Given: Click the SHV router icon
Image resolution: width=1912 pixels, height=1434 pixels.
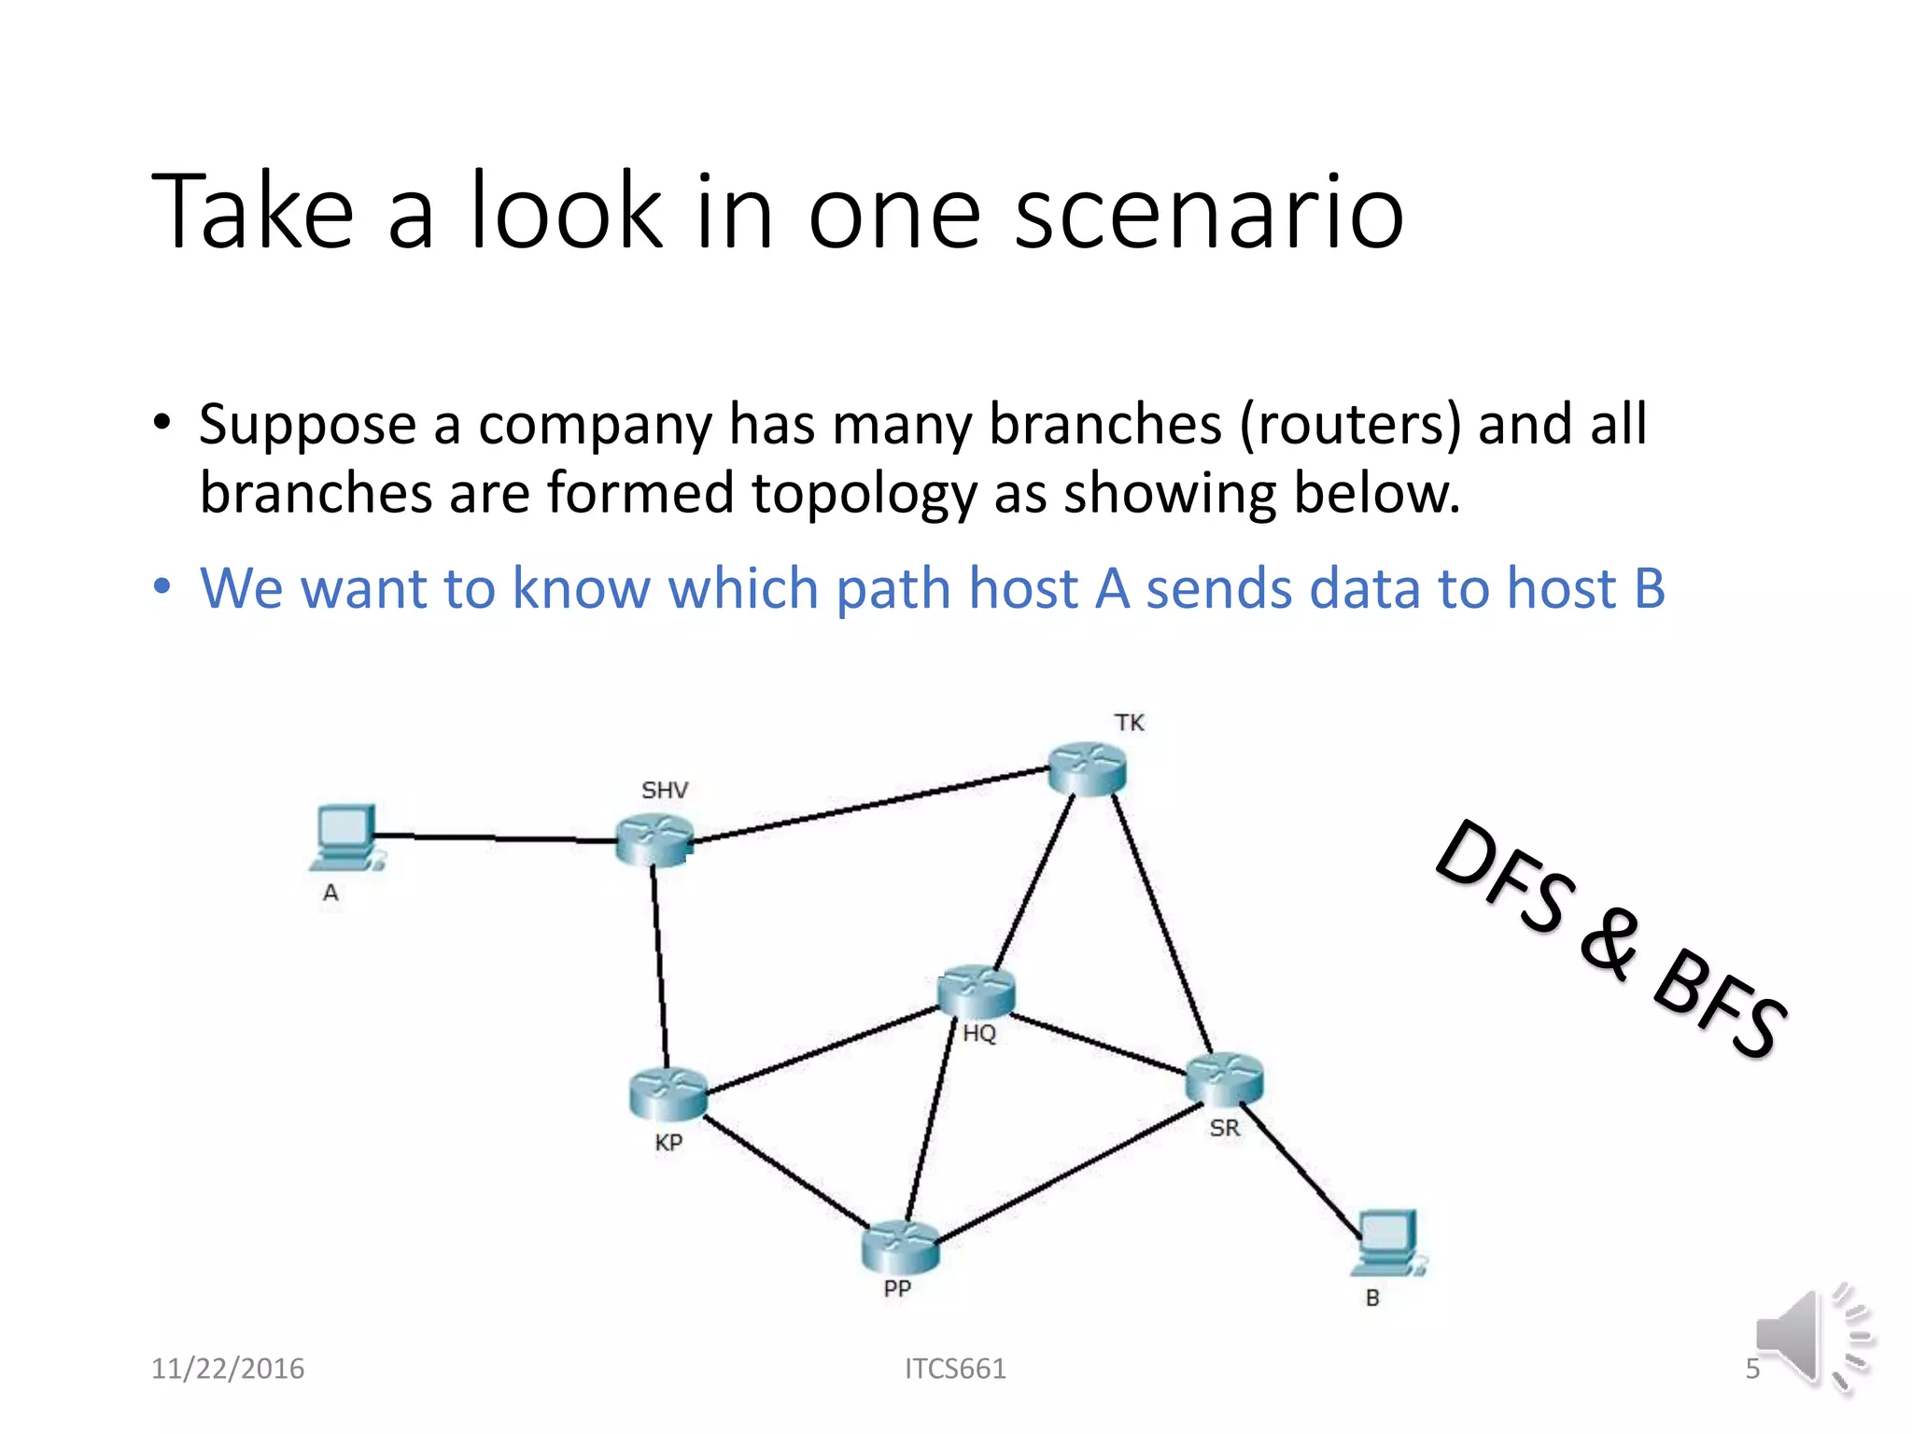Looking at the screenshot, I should [x=654, y=838].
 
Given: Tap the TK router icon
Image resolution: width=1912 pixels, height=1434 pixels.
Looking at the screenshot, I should [x=1087, y=768].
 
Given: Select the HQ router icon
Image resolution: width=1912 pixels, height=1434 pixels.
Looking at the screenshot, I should [x=976, y=991].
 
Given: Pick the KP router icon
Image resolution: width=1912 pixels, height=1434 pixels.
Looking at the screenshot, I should [x=668, y=1093].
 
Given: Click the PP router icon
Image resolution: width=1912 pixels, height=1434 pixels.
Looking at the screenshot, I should [x=900, y=1247].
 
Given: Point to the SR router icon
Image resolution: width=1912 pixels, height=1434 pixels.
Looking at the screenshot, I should [x=1223, y=1079].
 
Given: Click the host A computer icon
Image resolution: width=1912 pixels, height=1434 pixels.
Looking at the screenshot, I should [x=346, y=836].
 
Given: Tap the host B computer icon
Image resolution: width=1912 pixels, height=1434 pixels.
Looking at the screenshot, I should [x=1388, y=1243].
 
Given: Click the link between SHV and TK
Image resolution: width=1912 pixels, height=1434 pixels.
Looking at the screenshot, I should [x=868, y=805].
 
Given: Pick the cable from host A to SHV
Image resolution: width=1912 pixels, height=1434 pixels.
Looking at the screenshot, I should [x=495, y=838].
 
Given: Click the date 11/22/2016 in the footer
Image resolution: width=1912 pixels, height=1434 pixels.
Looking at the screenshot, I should [x=228, y=1369].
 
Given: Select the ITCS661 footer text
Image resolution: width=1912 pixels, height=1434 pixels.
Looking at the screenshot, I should [x=955, y=1369].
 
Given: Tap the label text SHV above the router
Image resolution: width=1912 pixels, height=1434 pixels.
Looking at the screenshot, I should [x=664, y=791].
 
